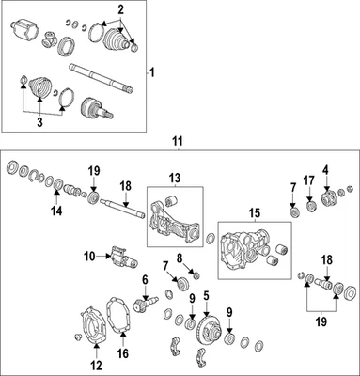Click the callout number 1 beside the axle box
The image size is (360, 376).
152,73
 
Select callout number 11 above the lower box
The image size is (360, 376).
178,141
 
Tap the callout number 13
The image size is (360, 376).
175,179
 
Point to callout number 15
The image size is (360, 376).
255,214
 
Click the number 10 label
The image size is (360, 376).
89,257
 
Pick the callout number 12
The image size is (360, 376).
97,366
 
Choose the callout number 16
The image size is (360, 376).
123,353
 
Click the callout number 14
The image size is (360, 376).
56,211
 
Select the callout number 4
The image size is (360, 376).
326,170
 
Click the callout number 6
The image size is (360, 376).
145,279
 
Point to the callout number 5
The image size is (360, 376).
206,295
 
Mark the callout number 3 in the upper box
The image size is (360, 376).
39,122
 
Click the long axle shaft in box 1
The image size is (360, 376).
101,78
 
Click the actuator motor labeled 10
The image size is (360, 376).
123,258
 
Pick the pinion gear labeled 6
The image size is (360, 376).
147,303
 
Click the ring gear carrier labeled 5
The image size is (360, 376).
209,330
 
